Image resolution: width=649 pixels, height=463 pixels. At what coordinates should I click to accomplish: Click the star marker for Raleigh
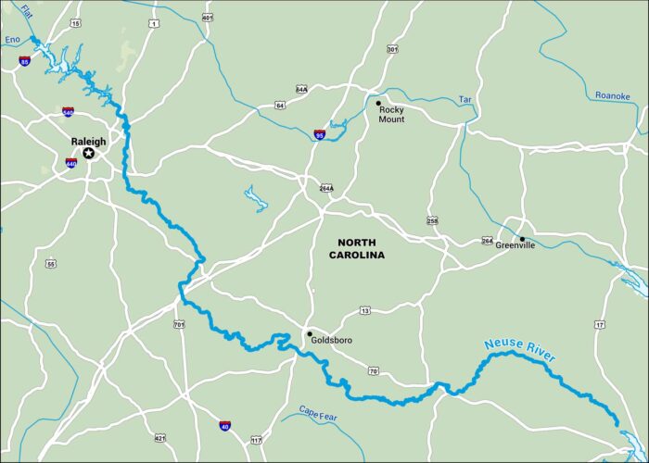89,153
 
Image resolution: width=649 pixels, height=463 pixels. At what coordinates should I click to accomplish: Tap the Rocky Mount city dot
378,103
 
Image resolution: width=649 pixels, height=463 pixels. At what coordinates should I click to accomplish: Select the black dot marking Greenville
522,239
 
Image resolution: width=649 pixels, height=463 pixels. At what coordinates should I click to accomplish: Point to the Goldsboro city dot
310,334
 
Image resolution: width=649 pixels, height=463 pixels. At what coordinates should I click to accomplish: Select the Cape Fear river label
321,411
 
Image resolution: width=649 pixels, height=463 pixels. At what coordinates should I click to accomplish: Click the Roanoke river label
612,94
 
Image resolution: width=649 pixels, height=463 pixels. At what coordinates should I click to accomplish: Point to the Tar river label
465,99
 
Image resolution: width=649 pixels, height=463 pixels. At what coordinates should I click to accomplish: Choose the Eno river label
12,40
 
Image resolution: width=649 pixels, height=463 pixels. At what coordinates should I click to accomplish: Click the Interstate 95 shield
320,134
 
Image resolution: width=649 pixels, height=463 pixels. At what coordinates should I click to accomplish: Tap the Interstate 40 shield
225,425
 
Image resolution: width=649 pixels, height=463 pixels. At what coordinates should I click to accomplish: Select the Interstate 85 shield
23,62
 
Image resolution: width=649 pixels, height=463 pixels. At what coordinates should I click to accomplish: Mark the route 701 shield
178,324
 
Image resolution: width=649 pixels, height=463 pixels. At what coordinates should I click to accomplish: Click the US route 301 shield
392,49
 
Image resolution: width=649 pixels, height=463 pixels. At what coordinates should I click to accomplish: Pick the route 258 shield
432,219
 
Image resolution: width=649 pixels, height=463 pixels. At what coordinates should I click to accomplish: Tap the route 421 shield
160,438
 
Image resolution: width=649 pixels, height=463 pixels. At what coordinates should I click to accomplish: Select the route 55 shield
50,264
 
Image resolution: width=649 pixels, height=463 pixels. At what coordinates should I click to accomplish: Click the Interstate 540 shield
68,112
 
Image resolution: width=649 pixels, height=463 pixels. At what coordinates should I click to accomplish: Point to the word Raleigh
89,142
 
